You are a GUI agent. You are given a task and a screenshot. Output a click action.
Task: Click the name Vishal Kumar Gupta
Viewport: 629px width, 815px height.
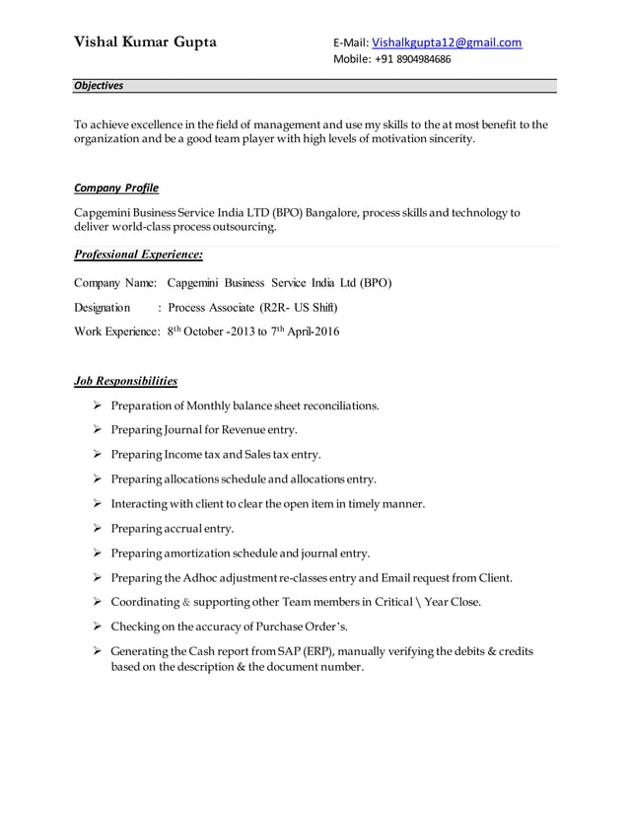coord(146,42)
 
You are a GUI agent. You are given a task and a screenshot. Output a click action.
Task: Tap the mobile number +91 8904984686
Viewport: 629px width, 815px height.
coord(412,59)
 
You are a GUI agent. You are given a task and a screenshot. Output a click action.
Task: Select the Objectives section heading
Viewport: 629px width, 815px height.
coord(99,86)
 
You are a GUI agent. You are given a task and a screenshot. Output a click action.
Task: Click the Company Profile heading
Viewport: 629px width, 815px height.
coord(116,187)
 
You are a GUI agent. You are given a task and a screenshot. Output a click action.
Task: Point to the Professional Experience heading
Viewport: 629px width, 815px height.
coord(138,256)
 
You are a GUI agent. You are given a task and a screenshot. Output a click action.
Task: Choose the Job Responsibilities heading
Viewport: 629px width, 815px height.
coord(126,380)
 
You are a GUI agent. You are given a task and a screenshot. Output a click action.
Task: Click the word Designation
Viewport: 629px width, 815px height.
coord(103,308)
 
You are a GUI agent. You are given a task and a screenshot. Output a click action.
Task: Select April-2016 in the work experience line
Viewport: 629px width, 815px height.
coord(313,333)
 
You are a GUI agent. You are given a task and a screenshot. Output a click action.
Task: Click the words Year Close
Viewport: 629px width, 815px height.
coord(450,603)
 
